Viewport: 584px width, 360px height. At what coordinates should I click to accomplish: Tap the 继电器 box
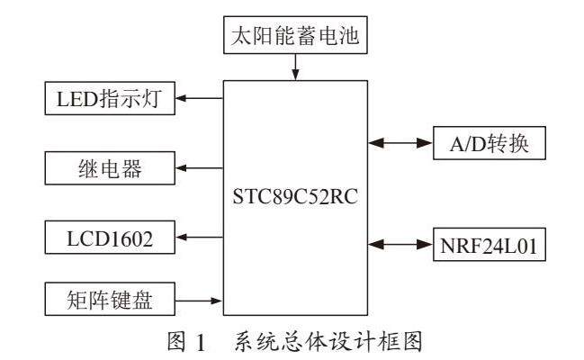(109, 166)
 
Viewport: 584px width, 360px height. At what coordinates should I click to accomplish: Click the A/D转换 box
(489, 141)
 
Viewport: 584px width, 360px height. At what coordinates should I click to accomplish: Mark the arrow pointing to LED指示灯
(199, 97)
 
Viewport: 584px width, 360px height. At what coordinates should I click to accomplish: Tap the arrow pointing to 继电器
(199, 166)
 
